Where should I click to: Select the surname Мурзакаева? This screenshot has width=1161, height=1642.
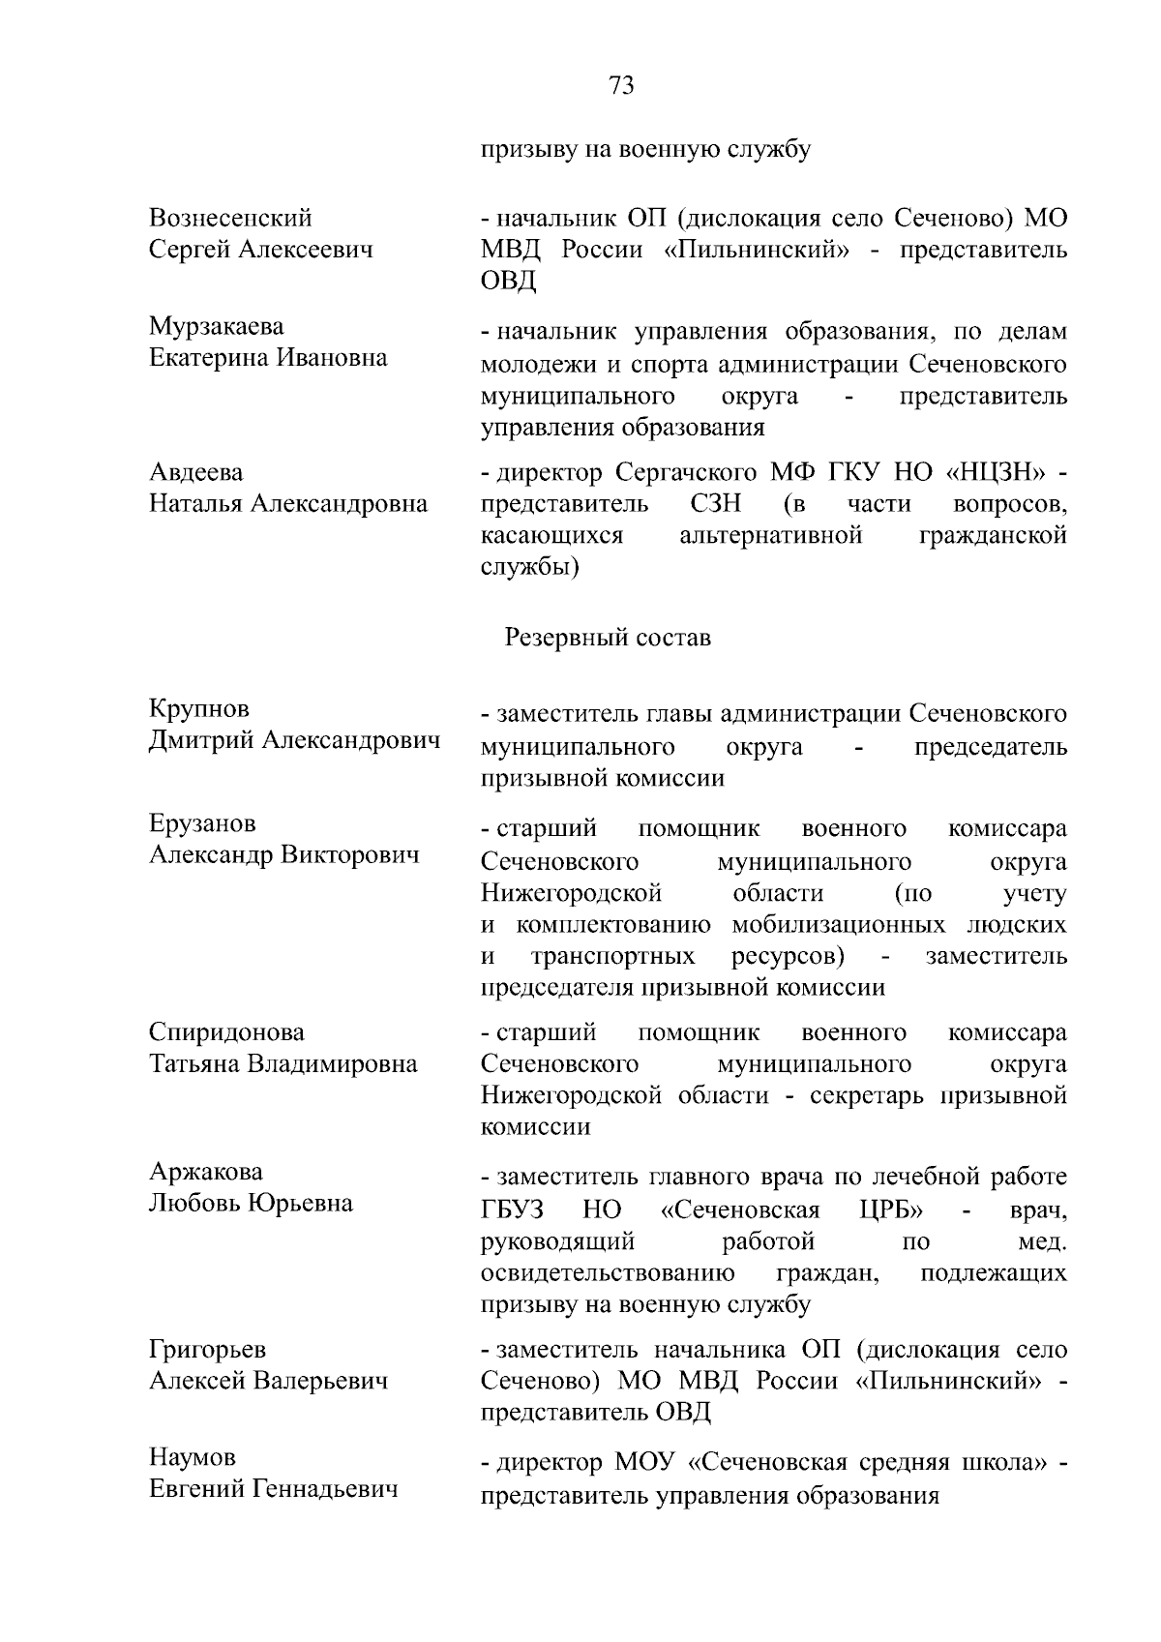[x=217, y=327]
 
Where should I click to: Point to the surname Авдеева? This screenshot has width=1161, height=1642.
[x=196, y=473]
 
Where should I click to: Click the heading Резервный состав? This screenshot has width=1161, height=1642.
[x=608, y=638]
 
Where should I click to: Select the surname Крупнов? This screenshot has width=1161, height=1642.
[x=199, y=709]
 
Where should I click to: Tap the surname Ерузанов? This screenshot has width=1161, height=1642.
[x=202, y=824]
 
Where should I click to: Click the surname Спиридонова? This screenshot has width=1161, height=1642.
[x=226, y=1032]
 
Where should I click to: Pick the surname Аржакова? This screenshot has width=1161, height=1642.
[x=206, y=1173]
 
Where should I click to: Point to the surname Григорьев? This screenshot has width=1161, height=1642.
[x=207, y=1350]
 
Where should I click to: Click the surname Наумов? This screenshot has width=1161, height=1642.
[x=193, y=1458]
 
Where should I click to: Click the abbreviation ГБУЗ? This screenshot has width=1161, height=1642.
[x=512, y=1210]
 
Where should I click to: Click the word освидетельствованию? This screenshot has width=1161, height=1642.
[x=607, y=1272]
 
